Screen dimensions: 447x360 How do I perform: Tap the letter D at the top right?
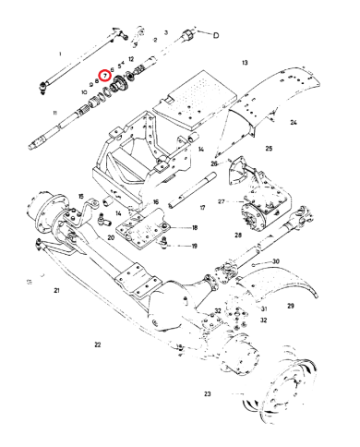215,36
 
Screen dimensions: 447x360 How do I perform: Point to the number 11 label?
55,113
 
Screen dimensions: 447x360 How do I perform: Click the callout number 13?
245,62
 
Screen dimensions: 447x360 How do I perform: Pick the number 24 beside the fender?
292,122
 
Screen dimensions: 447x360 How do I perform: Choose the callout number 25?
268,148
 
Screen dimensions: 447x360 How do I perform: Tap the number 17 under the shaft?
202,209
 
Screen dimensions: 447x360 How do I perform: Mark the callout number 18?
194,227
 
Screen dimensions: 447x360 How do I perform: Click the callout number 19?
194,246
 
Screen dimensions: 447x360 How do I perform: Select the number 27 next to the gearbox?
222,200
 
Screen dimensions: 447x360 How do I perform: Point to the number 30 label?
275,262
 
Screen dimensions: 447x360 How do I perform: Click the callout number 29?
290,305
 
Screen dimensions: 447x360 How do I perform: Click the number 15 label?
81,197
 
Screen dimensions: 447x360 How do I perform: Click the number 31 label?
263,308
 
